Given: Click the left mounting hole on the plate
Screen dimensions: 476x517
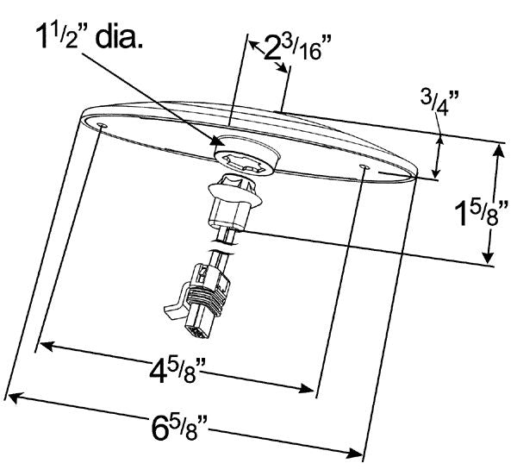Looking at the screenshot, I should [x=103, y=127].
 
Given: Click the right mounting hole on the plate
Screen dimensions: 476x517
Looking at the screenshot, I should [x=365, y=166].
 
